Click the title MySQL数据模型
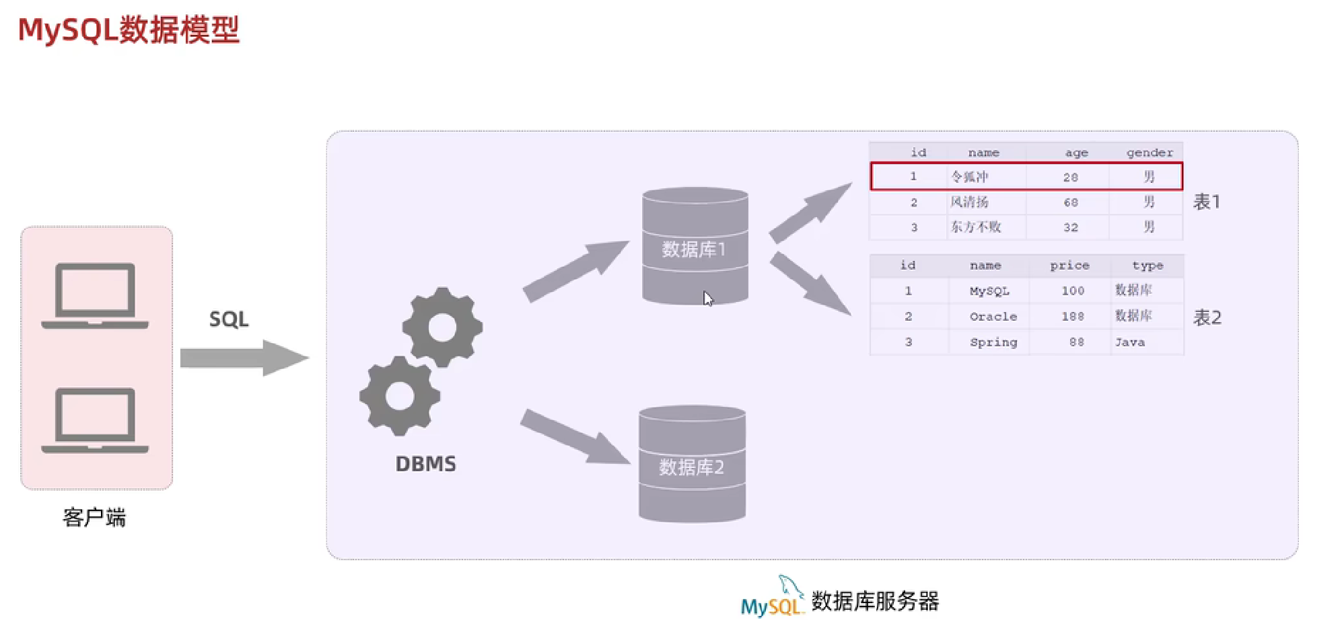(x=129, y=30)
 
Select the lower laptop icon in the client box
(x=95, y=420)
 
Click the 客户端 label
(x=94, y=517)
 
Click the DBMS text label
(x=425, y=464)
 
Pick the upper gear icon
(x=442, y=327)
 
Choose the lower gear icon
(x=400, y=396)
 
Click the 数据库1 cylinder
(x=695, y=246)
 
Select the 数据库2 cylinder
(x=692, y=464)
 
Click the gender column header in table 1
(x=1149, y=153)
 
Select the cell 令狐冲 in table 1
(x=969, y=177)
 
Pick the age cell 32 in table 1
(x=1070, y=227)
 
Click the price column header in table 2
(x=1069, y=266)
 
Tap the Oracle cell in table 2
(x=993, y=317)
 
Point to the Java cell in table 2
(x=1130, y=342)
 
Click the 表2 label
(x=1207, y=317)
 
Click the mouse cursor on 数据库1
(x=707, y=298)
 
